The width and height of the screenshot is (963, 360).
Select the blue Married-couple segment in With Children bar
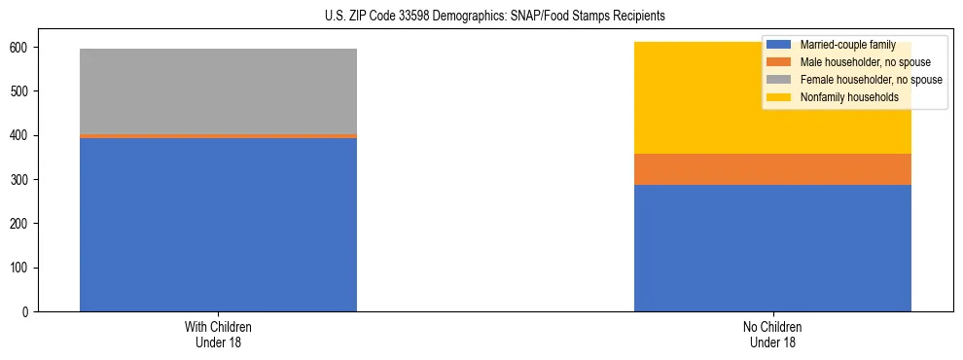218,225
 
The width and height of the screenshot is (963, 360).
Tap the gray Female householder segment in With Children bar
218,91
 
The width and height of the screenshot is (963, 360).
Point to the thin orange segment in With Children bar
218,136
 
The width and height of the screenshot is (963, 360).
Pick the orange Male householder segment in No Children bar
772,169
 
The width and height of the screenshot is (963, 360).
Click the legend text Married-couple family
847,45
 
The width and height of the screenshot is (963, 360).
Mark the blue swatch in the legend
779,45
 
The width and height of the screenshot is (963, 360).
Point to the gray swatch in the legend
779,80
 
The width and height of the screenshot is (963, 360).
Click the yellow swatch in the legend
779,97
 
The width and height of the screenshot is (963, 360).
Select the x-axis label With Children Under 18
218,334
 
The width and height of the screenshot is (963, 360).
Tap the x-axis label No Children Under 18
772,334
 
